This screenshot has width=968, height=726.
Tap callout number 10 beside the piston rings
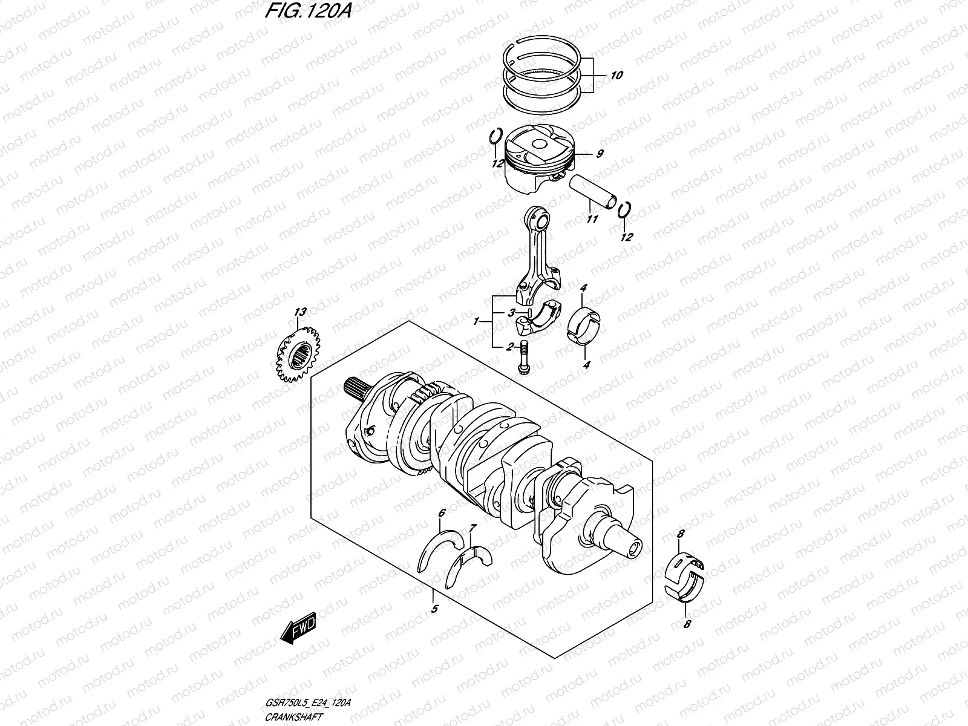(616, 76)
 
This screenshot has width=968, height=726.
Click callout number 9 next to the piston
(599, 154)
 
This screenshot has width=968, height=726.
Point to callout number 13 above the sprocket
(300, 312)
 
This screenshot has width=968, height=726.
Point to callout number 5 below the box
(434, 610)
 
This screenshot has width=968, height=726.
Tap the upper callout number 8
(681, 534)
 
